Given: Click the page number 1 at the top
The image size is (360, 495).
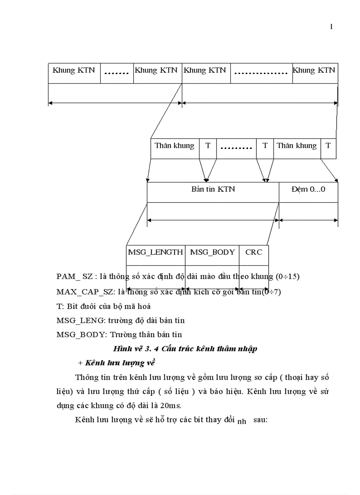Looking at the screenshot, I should pyautogui.click(x=331, y=27).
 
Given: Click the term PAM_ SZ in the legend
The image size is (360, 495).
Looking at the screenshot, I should pyautogui.click(x=75, y=277).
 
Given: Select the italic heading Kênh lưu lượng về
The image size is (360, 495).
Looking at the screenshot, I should pyautogui.click(x=119, y=363).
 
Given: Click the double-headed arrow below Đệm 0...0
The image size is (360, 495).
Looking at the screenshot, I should pyautogui.click(x=308, y=220).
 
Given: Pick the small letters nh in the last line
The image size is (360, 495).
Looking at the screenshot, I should pyautogui.click(x=242, y=422).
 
